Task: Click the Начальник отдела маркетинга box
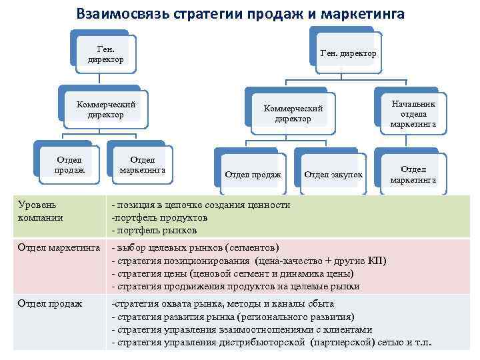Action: pos(413,114)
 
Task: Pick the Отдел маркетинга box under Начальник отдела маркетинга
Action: pos(413,174)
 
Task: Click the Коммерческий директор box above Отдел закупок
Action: pos(293,113)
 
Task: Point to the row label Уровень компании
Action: pos(41,211)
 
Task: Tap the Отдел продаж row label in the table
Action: pos(50,304)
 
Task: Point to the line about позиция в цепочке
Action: pos(201,205)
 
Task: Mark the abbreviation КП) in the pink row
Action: pos(375,261)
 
